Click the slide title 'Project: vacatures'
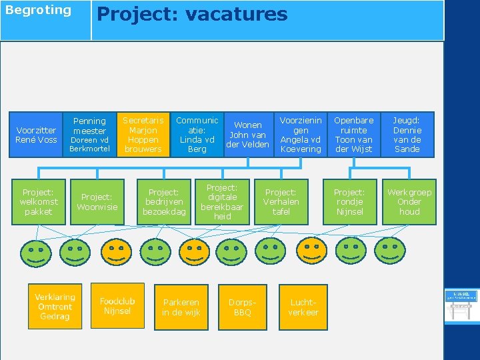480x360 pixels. [193, 15]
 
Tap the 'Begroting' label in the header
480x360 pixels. [38, 10]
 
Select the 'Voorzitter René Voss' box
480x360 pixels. [37, 135]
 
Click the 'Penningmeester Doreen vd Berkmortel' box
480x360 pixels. [89, 135]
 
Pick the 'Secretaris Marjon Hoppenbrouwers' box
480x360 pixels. [143, 135]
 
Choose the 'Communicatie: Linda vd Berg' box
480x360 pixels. [197, 135]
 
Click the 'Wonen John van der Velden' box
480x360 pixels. [248, 135]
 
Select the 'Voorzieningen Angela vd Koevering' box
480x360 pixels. [301, 135]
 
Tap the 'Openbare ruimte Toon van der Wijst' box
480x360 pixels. [354, 135]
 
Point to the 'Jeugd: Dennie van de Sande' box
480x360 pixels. [407, 135]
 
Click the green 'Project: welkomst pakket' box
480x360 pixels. [38, 202]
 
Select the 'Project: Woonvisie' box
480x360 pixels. [97, 202]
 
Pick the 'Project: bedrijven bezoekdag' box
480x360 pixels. [164, 202]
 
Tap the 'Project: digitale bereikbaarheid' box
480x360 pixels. [222, 202]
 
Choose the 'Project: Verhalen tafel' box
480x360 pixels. [281, 202]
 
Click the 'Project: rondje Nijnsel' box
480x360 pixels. [349, 202]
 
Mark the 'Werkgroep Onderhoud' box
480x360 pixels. [409, 202]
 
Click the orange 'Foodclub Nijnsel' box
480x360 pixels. [117, 307]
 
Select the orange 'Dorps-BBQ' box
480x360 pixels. [243, 307]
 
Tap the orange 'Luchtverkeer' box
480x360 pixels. [303, 307]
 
